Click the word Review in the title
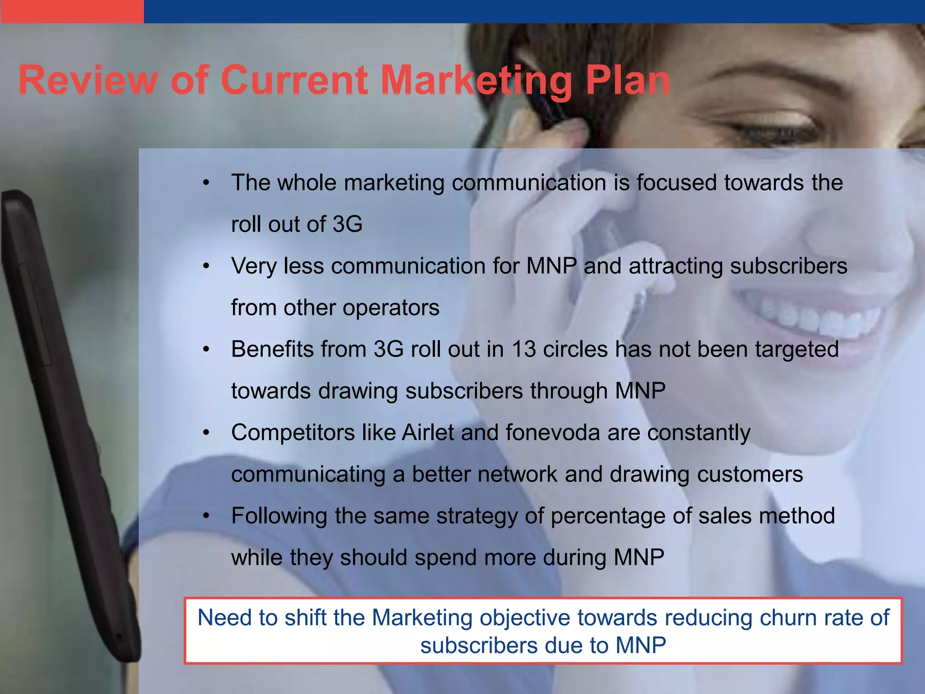coord(89,80)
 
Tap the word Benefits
coord(273,349)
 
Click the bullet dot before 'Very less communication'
coord(206,266)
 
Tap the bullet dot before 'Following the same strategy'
coord(206,516)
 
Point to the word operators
coord(391,308)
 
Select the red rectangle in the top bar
coord(72,11)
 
